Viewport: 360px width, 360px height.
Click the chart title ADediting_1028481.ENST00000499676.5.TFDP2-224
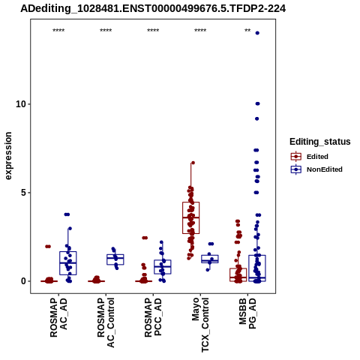coord(153,9)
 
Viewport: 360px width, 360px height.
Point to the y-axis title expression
coord(8,156)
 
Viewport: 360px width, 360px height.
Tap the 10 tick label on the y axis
coord(21,104)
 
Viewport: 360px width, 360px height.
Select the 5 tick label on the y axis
coord(24,193)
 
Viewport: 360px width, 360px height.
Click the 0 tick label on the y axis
coord(24,281)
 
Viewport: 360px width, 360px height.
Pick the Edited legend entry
coord(309,157)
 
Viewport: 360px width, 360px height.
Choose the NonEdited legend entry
coord(316,169)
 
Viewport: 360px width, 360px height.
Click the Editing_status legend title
coord(320,142)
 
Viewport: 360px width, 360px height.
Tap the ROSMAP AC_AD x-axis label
coord(58,317)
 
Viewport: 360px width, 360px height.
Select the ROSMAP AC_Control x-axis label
coord(106,322)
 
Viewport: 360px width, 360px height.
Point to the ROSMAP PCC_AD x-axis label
coord(153,317)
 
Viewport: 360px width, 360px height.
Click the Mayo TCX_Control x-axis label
coord(200,325)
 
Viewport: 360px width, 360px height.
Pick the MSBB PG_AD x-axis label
coord(247,313)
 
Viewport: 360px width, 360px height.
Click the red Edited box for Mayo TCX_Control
coord(191,217)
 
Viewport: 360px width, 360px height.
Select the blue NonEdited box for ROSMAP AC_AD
coord(68,263)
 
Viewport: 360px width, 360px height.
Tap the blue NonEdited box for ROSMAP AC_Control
coord(115,259)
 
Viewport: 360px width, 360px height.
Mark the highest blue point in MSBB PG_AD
coord(257,33)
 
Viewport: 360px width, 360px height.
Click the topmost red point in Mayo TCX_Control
coord(193,163)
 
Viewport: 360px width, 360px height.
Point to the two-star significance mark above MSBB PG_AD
coord(247,31)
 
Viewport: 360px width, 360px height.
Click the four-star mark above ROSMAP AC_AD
coord(58,31)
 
